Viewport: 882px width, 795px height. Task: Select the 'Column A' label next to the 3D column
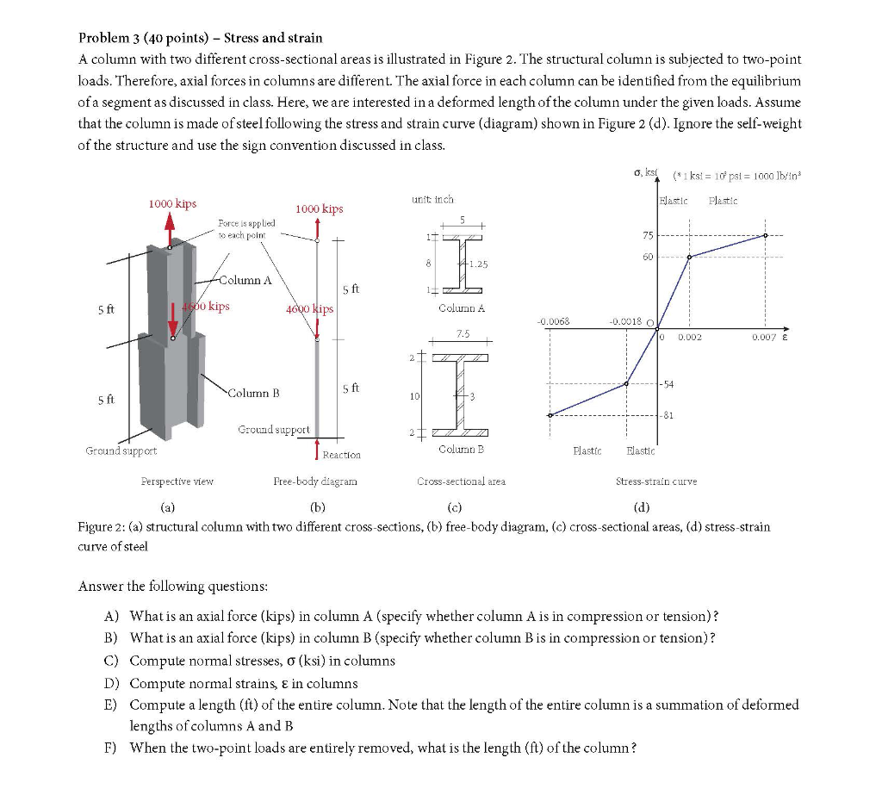pos(245,280)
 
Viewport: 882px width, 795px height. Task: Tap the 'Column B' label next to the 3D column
pos(254,393)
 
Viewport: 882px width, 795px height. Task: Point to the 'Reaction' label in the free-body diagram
pos(342,454)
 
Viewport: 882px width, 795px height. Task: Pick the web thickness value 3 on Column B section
pos(472,395)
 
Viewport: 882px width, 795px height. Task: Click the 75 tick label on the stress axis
pos(648,236)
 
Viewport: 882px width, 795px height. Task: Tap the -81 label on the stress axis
pos(667,415)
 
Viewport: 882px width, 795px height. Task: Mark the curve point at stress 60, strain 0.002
pos(689,257)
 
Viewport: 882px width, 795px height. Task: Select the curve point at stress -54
pos(626,384)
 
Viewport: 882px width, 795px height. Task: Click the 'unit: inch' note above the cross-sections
pos(433,199)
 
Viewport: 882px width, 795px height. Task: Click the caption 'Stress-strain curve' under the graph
pos(655,481)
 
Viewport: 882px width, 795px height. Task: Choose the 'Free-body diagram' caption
pos(314,481)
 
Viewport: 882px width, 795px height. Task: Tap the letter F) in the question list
pos(110,747)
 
